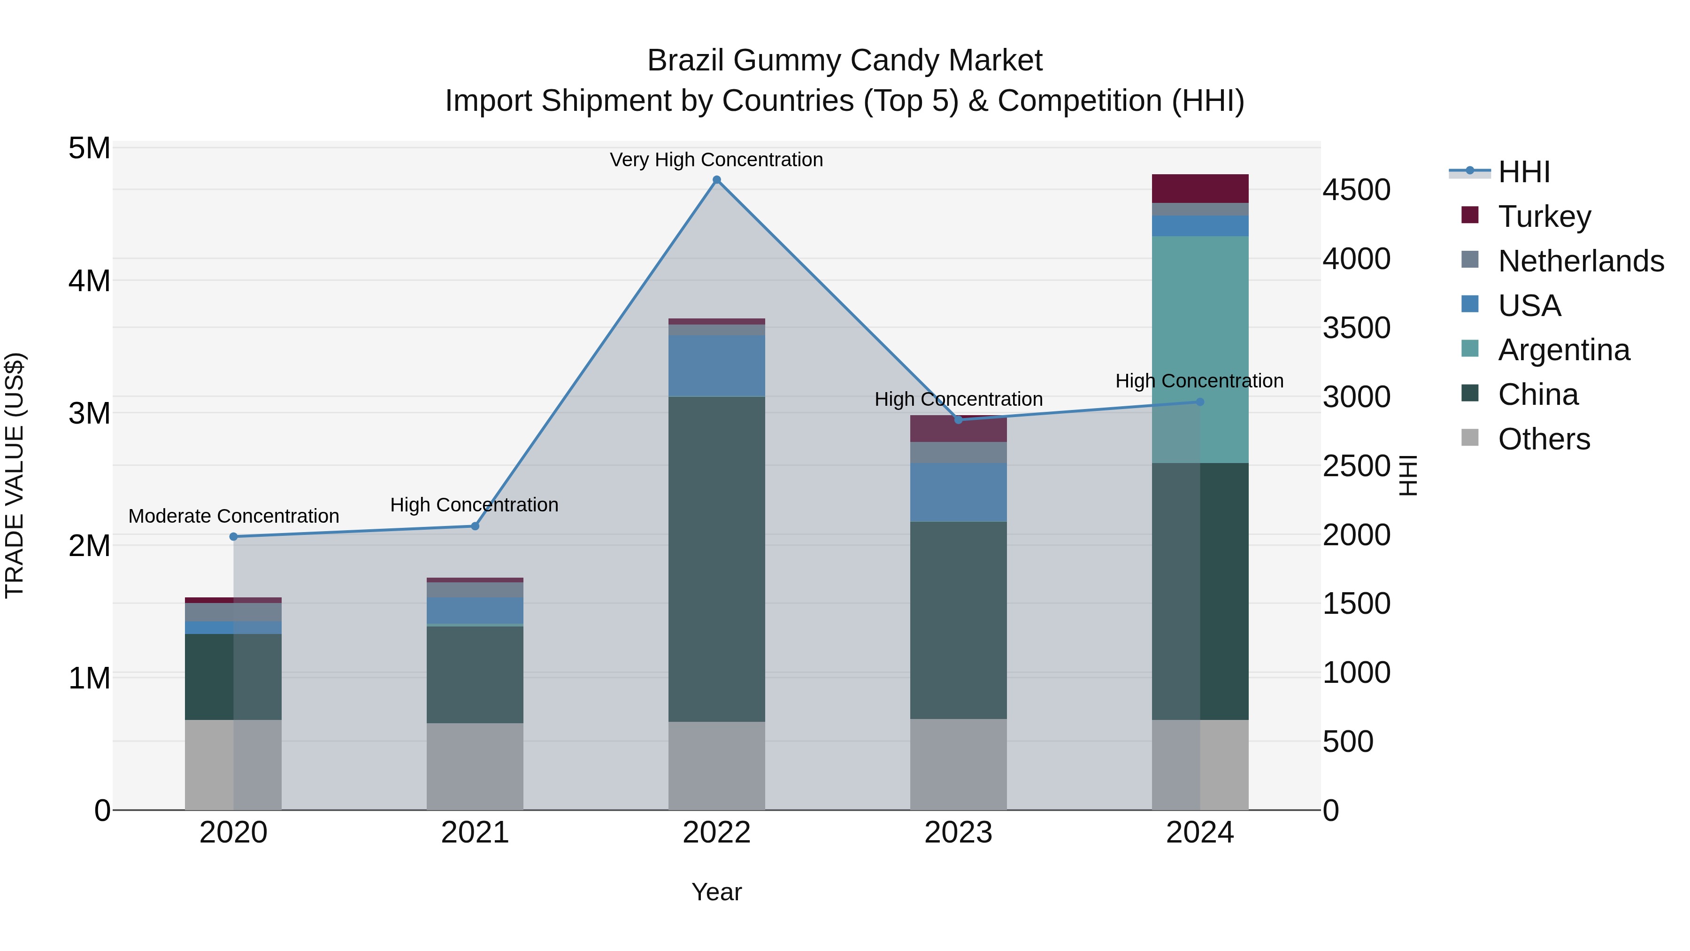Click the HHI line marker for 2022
(x=716, y=180)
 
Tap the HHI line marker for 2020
(x=234, y=536)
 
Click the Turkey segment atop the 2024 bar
(x=1200, y=188)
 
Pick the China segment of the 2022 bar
(x=716, y=558)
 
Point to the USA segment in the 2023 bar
(x=958, y=492)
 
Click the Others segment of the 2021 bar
(x=475, y=766)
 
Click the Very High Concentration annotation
(x=716, y=160)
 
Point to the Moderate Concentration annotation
(x=234, y=516)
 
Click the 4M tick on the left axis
(x=89, y=281)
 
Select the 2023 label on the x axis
(x=958, y=833)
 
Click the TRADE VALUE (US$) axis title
(x=15, y=475)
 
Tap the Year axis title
(x=716, y=892)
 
